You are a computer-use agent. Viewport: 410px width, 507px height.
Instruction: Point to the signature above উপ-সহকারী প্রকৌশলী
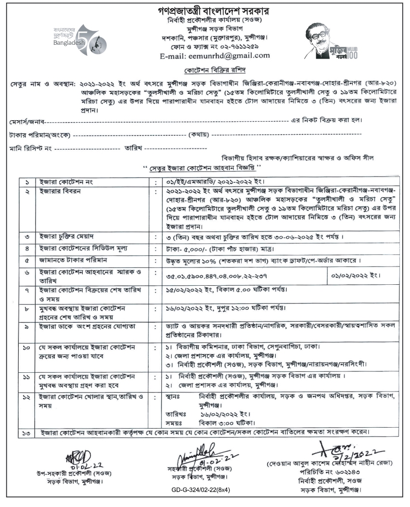click(77, 455)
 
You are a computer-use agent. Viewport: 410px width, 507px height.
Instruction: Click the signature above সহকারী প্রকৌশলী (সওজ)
click(195, 454)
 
